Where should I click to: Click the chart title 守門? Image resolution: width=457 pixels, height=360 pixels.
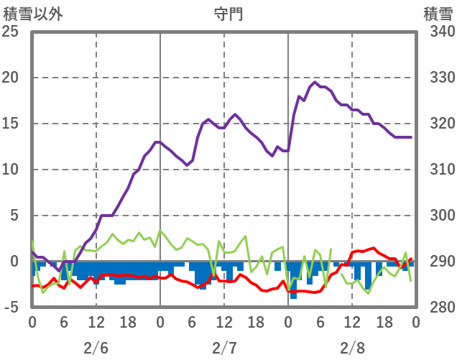tap(228, 14)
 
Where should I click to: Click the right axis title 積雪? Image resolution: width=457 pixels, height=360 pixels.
tap(437, 14)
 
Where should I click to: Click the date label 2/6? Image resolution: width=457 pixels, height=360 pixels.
tap(96, 348)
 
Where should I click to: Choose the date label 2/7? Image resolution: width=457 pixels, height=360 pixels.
tap(224, 348)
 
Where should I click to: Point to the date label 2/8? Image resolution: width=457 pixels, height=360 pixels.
tap(352, 348)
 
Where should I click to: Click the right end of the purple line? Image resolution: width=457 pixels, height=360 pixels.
tap(411, 137)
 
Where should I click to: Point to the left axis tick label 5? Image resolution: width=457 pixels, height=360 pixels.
tap(13, 216)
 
